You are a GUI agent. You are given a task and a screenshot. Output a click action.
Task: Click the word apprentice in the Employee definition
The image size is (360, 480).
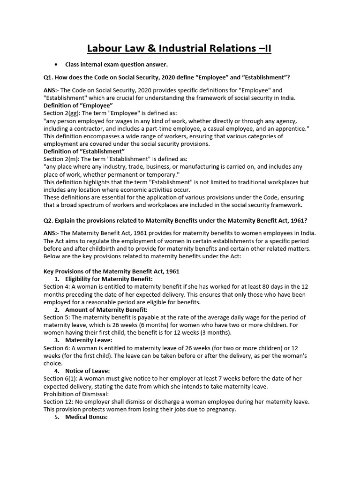(x=291, y=128)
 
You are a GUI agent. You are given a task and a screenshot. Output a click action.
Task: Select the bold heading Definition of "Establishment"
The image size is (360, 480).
(x=84, y=151)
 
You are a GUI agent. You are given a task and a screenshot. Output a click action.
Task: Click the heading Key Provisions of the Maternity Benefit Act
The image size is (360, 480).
(x=111, y=271)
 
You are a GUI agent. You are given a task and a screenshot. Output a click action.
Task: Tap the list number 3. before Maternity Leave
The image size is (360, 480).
(x=56, y=340)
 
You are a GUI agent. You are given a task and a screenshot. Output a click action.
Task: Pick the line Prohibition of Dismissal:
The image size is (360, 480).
(x=74, y=394)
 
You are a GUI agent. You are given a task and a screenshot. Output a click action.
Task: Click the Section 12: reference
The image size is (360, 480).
(x=59, y=402)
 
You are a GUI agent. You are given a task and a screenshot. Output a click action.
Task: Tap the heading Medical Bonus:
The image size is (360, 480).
(x=86, y=417)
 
